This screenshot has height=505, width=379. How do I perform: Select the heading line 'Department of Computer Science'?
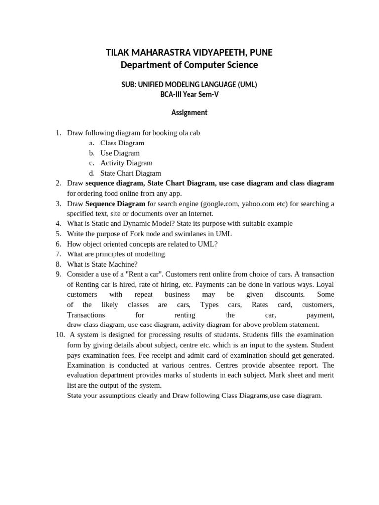click(x=189, y=65)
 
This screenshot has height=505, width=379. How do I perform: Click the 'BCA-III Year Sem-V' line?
click(x=189, y=94)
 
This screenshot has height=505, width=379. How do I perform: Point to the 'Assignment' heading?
click(x=189, y=113)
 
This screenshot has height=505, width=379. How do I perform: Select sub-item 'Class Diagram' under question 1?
click(x=122, y=143)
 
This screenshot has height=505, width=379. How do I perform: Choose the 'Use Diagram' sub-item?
click(x=120, y=153)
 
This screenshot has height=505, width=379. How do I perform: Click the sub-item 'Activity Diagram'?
click(x=126, y=163)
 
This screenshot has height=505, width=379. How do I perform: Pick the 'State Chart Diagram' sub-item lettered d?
click(x=130, y=173)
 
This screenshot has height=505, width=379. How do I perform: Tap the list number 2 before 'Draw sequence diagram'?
click(x=58, y=183)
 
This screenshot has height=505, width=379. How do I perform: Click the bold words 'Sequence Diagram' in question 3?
click(x=115, y=204)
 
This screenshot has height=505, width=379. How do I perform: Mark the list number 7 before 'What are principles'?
click(x=58, y=254)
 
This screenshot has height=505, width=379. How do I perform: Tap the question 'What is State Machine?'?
click(x=102, y=264)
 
